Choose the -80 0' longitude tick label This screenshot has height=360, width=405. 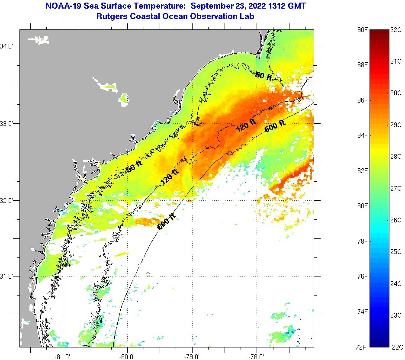coord(128,357)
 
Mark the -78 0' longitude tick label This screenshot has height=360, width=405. coord(257,357)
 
